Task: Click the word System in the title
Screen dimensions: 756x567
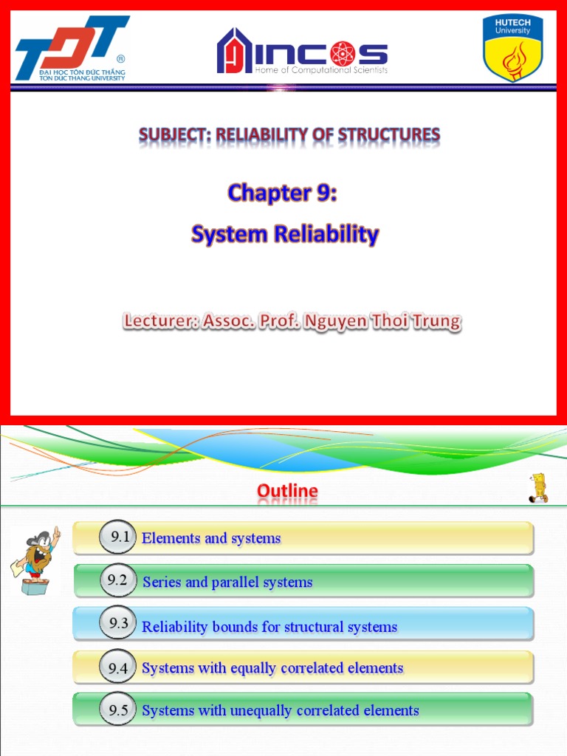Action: [226, 235]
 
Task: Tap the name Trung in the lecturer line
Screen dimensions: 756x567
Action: [436, 322]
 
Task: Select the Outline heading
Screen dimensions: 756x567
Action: [287, 491]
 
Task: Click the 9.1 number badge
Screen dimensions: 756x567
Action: [120, 537]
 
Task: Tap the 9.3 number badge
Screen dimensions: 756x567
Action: [118, 623]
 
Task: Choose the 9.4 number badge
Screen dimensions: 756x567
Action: [118, 668]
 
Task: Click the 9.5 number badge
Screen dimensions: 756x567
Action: [118, 710]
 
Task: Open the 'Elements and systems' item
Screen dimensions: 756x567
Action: [211, 538]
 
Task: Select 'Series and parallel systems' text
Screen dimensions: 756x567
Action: [227, 583]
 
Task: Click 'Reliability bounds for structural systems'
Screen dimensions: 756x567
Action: [269, 627]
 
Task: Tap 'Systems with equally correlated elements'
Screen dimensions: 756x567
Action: [272, 668]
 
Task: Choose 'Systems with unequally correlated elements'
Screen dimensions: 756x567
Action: [281, 711]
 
